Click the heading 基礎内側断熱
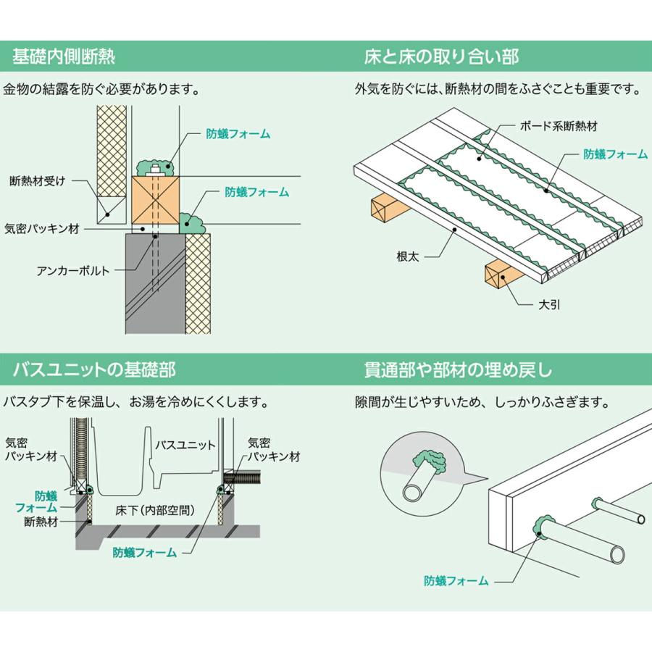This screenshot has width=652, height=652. [64, 57]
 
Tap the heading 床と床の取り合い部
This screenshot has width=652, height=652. [440, 57]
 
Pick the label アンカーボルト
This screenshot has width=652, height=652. [73, 270]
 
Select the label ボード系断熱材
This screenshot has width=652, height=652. [559, 125]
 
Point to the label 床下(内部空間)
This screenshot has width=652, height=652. [154, 510]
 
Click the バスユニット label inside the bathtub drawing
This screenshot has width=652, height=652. [186, 444]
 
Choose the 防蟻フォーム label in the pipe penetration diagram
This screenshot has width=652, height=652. [456, 581]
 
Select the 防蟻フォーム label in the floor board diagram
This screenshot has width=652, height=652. [616, 154]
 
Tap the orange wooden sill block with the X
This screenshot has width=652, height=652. [156, 200]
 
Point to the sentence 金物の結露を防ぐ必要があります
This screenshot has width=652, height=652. [101, 90]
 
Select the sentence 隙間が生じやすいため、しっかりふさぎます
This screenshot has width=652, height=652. [482, 401]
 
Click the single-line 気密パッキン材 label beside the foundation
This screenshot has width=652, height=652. [41, 227]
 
